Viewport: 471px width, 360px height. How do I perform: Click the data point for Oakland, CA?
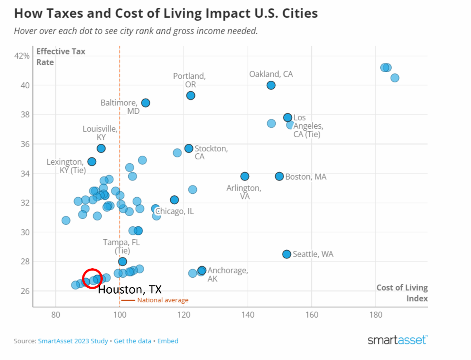pos(271,85)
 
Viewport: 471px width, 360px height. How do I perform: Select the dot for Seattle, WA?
pos(287,254)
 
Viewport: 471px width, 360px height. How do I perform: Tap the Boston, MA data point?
pos(279,176)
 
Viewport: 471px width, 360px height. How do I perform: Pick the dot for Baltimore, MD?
pos(146,103)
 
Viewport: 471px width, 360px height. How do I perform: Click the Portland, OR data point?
pos(191,95)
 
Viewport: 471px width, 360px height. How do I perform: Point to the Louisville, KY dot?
pos(101,148)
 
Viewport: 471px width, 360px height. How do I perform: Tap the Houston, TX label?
pos(130,290)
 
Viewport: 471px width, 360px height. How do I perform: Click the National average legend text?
pos(162,300)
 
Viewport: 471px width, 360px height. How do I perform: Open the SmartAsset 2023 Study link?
pos(73,341)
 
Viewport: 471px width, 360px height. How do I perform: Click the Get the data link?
pos(133,341)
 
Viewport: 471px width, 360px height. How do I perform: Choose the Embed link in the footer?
pos(168,341)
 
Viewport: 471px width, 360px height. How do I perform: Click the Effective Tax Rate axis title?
pos(60,57)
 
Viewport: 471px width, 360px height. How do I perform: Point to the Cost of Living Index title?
pos(402,293)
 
